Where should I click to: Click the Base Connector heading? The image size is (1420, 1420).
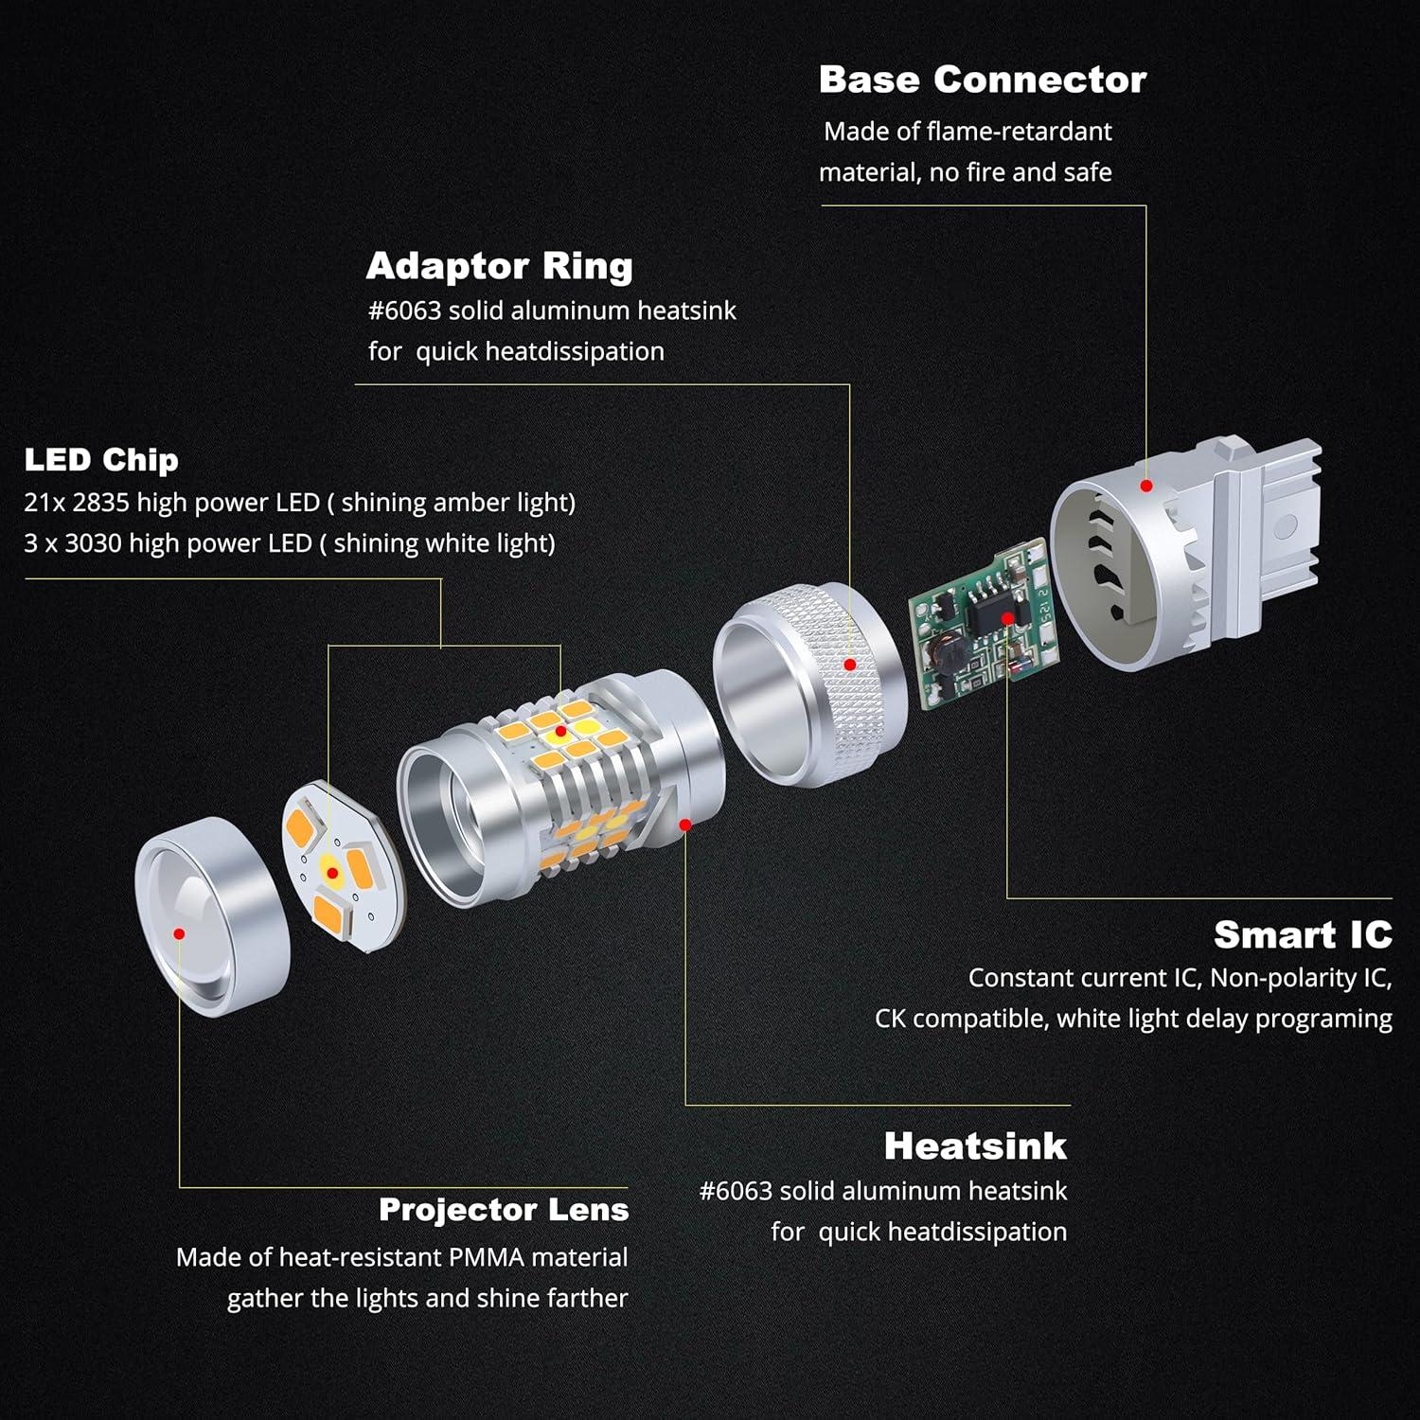(x=982, y=80)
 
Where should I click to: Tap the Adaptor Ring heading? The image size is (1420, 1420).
(x=499, y=267)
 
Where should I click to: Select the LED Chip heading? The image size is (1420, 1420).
(x=101, y=460)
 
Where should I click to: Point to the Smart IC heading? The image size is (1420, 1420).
(x=1303, y=935)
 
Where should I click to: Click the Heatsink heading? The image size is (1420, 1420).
(x=975, y=1146)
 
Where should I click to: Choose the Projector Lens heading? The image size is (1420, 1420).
(x=504, y=1210)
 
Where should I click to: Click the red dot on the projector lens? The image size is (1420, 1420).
(x=179, y=933)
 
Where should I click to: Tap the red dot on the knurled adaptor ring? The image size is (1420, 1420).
(x=849, y=665)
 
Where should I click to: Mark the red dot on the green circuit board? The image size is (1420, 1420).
(x=1008, y=618)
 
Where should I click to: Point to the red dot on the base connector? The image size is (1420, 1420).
(x=1145, y=486)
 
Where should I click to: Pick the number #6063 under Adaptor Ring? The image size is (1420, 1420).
(x=404, y=311)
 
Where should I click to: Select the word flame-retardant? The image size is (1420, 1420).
(x=1019, y=132)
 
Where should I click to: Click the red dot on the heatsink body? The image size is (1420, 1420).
(x=685, y=825)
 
